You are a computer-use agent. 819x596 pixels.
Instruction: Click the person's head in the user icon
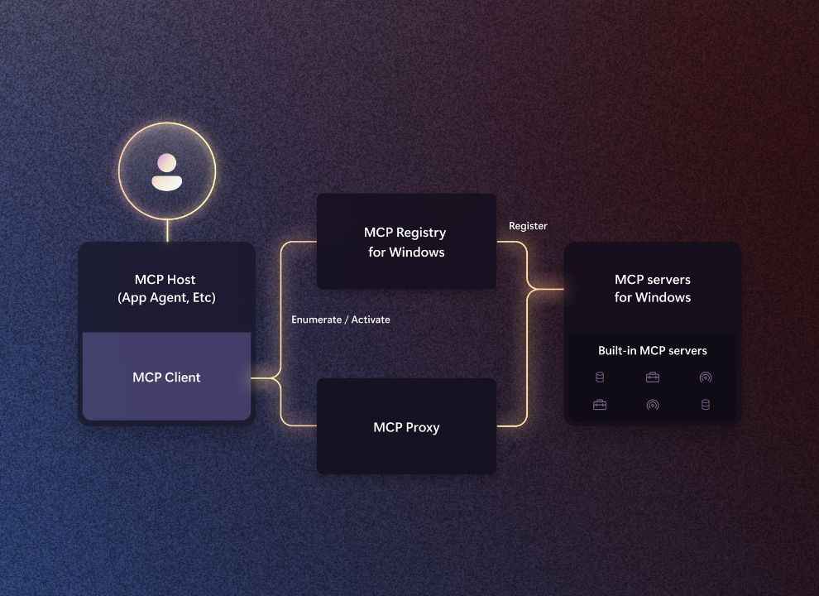(x=167, y=162)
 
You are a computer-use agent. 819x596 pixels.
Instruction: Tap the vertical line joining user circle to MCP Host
(x=168, y=231)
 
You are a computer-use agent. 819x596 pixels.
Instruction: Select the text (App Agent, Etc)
(x=166, y=297)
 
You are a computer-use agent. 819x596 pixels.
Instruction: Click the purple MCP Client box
(x=166, y=377)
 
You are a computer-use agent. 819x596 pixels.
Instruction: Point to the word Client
(x=183, y=377)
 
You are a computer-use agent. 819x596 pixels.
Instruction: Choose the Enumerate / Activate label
(x=341, y=320)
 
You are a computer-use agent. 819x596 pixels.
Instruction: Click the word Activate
(x=371, y=320)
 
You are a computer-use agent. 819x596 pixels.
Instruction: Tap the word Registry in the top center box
(x=421, y=233)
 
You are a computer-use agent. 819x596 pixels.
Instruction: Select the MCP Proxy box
(x=406, y=426)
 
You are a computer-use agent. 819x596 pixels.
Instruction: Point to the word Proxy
(x=423, y=428)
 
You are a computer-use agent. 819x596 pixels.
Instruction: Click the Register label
(x=528, y=226)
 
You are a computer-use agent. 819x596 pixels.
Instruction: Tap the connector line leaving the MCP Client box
(x=265, y=378)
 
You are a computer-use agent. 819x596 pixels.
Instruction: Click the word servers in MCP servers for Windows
(x=668, y=280)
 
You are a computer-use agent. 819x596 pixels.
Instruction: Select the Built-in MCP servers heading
(x=653, y=350)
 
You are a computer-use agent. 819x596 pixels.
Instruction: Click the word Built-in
(x=617, y=350)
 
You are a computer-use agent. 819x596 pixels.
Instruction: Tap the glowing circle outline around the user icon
(x=167, y=123)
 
